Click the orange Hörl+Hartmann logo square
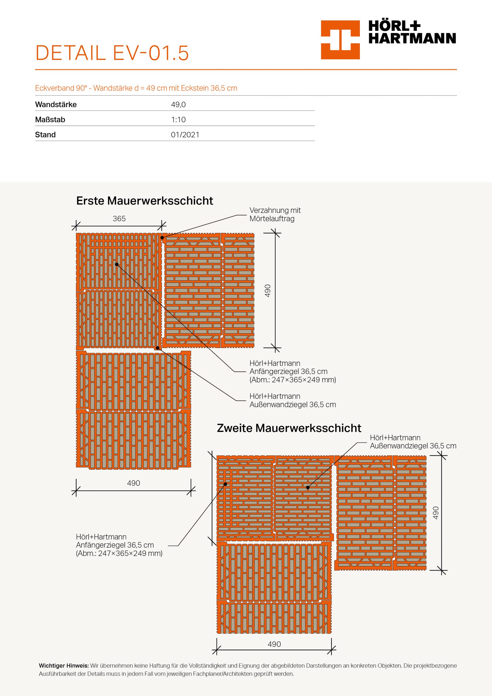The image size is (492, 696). point(340,40)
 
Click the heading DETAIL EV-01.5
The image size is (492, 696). point(112,53)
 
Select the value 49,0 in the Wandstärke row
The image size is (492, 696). point(178,105)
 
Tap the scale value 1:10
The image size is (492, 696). point(178,120)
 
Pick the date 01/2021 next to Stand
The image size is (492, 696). point(185,135)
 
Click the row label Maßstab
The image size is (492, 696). point(50,120)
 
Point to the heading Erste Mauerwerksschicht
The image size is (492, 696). point(145,201)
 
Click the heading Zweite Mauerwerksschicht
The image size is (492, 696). point(289,428)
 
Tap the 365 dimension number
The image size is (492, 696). point(119,219)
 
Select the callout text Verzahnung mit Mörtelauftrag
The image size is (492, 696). point(275,214)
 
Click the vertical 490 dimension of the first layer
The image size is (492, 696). point(268,290)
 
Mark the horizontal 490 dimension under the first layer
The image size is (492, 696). point(133,483)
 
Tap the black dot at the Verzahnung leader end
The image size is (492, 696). point(162,238)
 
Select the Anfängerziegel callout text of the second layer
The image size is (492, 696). point(119,545)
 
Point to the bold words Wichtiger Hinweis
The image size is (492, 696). point(64,666)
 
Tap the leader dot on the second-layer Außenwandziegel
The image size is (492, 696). point(308,487)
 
